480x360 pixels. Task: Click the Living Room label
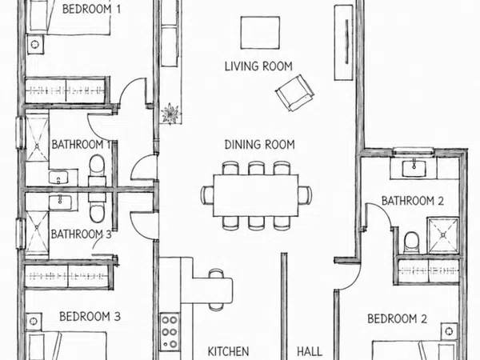pyautogui.click(x=258, y=66)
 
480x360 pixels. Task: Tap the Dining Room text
pyautogui.click(x=259, y=145)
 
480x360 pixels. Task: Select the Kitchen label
pyautogui.click(x=228, y=351)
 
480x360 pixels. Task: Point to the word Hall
pyautogui.click(x=310, y=351)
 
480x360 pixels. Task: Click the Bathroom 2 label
pyautogui.click(x=412, y=201)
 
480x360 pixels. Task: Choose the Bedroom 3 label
pyautogui.click(x=90, y=316)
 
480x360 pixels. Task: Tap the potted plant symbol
pyautogui.click(x=170, y=114)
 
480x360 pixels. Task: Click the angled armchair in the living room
pyautogui.click(x=294, y=93)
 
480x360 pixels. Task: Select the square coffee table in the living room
pyautogui.click(x=260, y=33)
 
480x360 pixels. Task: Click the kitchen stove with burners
pyautogui.click(x=170, y=332)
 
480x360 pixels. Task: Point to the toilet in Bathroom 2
pyautogui.click(x=411, y=242)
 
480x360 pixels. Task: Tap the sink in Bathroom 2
pyautogui.click(x=414, y=169)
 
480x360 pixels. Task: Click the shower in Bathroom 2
pyautogui.click(x=443, y=235)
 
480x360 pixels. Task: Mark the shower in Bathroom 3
pyautogui.click(x=37, y=233)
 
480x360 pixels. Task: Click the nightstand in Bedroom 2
pyautogui.click(x=449, y=331)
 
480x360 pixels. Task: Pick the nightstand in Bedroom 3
pyautogui.click(x=34, y=322)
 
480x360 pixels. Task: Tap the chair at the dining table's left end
pyautogui.click(x=207, y=195)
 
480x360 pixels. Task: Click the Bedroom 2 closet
pyautogui.click(x=428, y=270)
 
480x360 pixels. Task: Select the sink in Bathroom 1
pyautogui.click(x=58, y=178)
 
